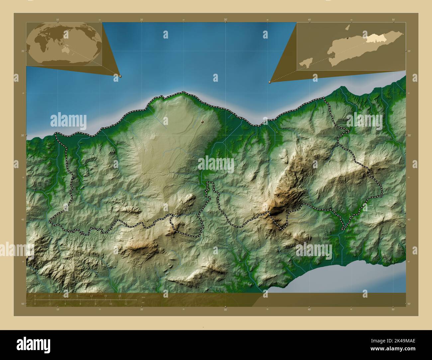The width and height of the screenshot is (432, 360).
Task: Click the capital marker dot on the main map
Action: [202, 122]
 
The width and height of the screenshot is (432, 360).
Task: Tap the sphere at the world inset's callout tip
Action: [120, 76]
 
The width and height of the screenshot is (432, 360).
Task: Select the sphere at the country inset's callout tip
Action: [270, 82]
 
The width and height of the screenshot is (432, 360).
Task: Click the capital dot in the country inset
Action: [348, 39]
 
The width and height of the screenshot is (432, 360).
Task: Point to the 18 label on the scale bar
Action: [120, 296]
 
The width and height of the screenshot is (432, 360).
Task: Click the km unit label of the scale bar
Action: [143, 297]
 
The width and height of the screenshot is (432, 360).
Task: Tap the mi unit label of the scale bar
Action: [143, 303]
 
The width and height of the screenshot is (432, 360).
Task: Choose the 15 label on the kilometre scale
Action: [105, 296]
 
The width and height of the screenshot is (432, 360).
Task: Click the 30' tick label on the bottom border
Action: [225, 310]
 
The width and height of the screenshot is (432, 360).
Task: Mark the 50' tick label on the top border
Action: [393, 20]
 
